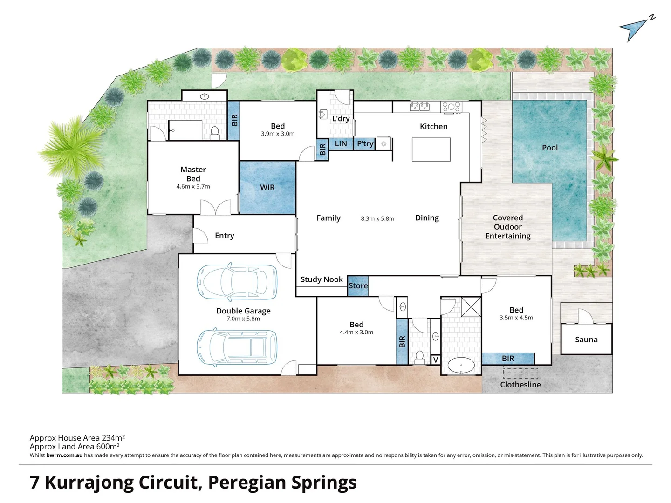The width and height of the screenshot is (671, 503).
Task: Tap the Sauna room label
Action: pos(586,340)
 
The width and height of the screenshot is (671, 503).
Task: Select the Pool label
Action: pos(550,148)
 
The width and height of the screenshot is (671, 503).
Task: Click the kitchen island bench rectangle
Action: pos(431,150)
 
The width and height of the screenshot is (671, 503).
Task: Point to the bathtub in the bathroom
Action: pos(461,365)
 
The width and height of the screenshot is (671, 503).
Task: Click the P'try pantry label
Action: pos(365,143)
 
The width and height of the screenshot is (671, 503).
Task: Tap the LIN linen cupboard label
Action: pos(341,143)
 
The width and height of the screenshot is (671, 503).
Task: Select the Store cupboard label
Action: pos(358,285)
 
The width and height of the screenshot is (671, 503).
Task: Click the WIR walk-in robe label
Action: pos(267,187)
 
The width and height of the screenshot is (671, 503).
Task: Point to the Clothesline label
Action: pos(520,385)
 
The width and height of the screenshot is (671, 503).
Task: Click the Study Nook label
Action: pos(322,279)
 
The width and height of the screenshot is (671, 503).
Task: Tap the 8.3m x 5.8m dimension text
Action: pos(377,218)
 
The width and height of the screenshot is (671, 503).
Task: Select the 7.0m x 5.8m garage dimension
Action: pos(243,319)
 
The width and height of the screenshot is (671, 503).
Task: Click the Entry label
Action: pos(225,236)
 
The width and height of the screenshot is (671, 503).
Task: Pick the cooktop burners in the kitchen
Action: pos(451,107)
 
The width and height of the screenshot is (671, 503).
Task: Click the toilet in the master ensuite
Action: pos(215,133)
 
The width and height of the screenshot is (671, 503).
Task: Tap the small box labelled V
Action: pos(436,360)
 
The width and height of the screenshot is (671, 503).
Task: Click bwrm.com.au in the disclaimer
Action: pos(64,455)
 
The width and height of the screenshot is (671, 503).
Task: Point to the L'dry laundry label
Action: pos(341,118)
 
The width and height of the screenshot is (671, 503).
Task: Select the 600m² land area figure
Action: pos(108,446)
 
